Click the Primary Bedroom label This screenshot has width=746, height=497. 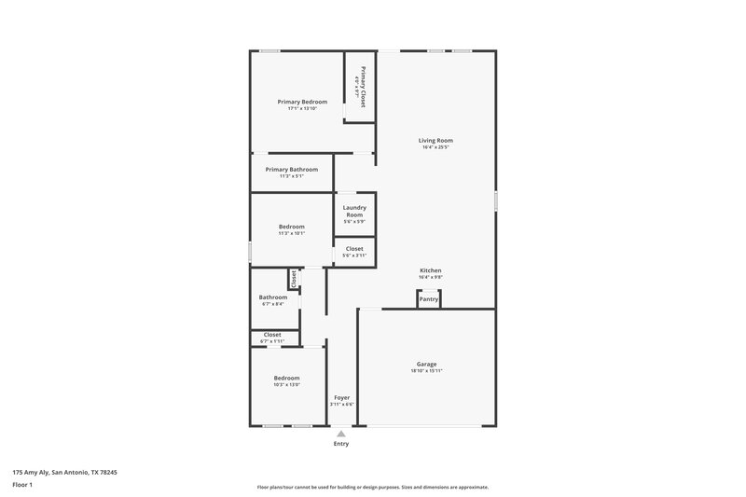[x=302, y=101]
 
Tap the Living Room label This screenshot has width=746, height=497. [x=436, y=141]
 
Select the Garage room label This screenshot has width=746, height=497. [x=426, y=364]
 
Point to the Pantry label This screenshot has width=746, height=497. [x=428, y=299]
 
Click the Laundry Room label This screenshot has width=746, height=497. [x=354, y=211]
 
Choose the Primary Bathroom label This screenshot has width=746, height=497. [x=291, y=169]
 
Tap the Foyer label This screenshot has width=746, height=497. [x=342, y=397]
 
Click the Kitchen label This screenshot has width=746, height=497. [x=430, y=270]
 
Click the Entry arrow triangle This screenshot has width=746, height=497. [x=341, y=434]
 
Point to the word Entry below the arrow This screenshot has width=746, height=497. [x=341, y=444]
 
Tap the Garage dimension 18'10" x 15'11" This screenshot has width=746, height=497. [x=426, y=371]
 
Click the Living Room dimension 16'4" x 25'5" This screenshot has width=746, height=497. [x=436, y=147]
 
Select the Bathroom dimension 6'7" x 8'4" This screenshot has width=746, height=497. [x=272, y=303]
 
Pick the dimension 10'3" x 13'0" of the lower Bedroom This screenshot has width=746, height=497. [x=286, y=384]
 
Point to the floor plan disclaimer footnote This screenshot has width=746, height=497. [x=372, y=487]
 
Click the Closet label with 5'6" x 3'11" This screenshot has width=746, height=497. [x=354, y=249]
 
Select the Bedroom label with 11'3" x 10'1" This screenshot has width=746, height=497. [x=291, y=226]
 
